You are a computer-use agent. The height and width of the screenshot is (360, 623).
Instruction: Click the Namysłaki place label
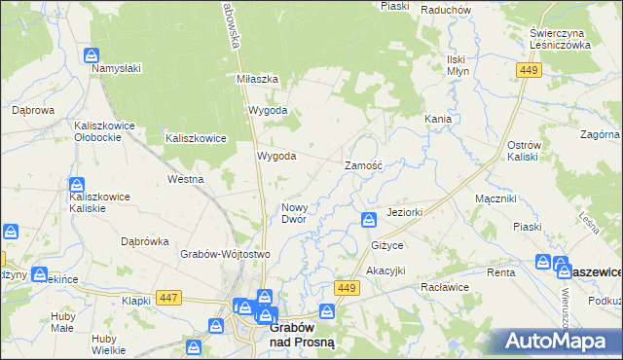(x=117, y=69)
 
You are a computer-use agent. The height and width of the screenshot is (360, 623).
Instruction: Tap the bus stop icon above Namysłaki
(x=91, y=55)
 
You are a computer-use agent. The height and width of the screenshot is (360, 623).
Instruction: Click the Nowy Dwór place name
(x=294, y=213)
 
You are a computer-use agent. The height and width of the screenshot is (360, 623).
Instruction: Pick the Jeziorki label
(x=403, y=212)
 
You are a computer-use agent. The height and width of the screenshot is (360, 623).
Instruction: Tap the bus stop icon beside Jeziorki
(x=368, y=219)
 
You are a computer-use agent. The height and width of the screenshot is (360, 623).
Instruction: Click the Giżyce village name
(x=386, y=245)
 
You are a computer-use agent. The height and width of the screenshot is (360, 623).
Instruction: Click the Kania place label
(x=437, y=119)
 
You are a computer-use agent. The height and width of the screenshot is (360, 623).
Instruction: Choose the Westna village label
(x=185, y=180)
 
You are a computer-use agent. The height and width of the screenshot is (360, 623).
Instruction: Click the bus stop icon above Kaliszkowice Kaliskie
(x=77, y=185)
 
